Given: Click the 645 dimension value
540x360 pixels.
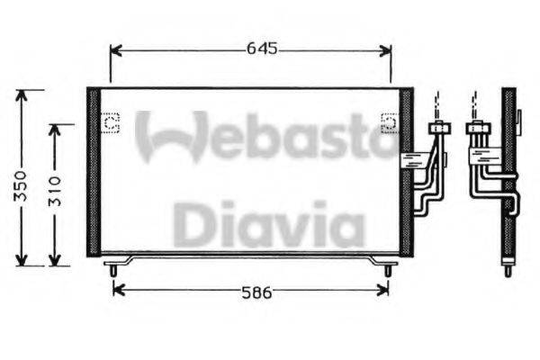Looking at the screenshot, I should (261, 49).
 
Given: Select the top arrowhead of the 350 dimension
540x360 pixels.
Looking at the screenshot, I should (29, 94).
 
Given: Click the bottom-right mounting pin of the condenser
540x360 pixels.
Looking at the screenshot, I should (388, 268).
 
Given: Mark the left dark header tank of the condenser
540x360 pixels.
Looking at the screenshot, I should (92, 171).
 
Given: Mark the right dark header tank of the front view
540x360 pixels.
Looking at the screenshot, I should (406, 171).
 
